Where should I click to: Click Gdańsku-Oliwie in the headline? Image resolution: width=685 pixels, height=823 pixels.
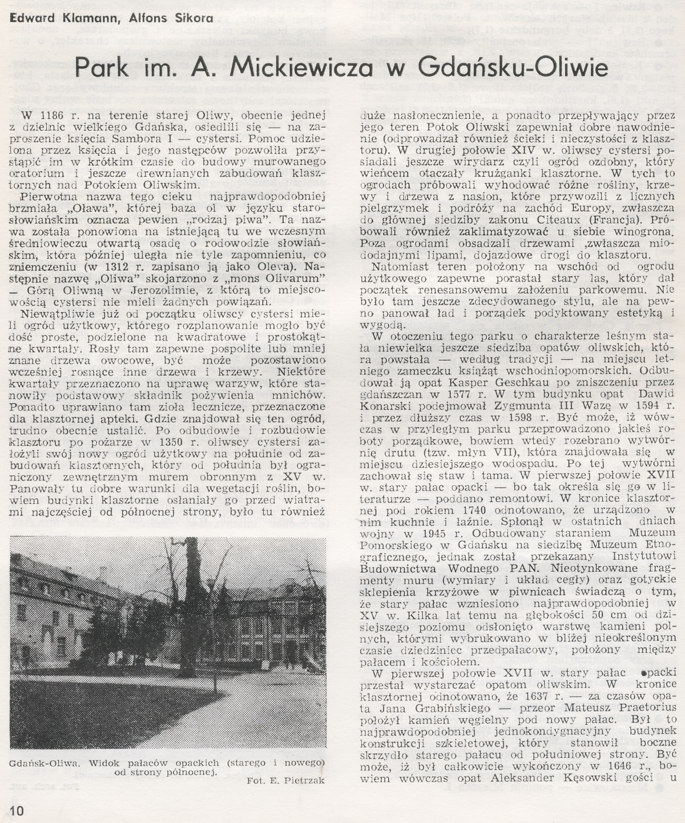[x=512, y=67]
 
